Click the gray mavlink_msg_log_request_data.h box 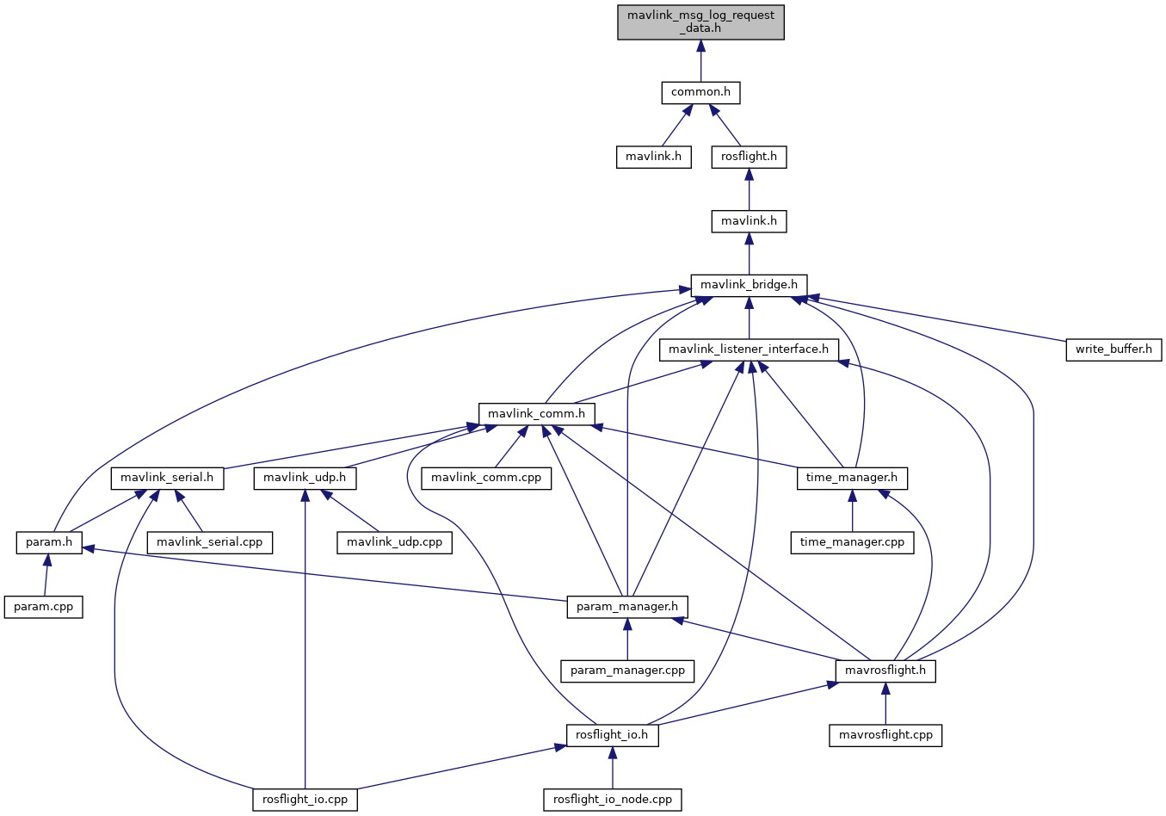point(700,22)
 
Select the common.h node point(700,92)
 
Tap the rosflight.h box point(749,157)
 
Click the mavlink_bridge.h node point(749,285)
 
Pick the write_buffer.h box point(1114,349)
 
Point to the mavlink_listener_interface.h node point(749,349)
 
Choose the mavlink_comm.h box point(536,414)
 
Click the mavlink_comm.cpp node point(486,478)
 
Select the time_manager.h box point(852,478)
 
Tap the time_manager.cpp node point(852,542)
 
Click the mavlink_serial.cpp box point(211,542)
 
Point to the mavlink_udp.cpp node point(394,542)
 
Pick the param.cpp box point(44,607)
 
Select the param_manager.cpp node point(627,671)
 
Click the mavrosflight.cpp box point(885,735)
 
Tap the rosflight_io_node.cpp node point(613,800)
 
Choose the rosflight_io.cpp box point(305,800)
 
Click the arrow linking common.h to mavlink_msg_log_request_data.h point(700,60)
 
